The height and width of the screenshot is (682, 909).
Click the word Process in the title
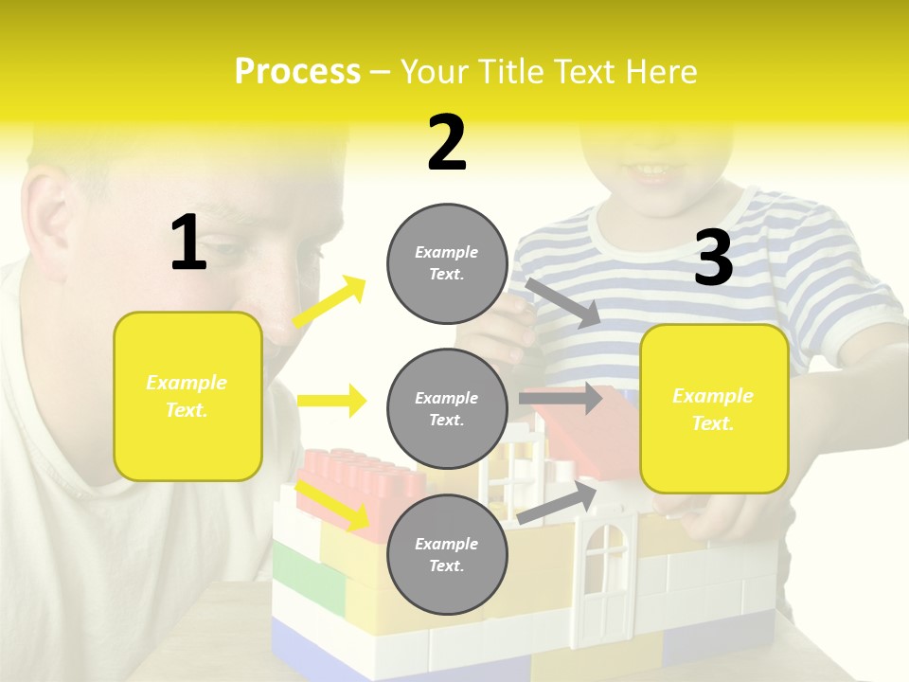click(x=297, y=71)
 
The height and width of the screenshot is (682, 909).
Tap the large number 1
click(x=188, y=243)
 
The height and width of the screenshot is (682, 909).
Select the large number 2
click(x=447, y=143)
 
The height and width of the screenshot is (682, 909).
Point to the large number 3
click(x=713, y=259)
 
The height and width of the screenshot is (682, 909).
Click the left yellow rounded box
click(x=187, y=396)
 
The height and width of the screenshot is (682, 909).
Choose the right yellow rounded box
click(x=714, y=408)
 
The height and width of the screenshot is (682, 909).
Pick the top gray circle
click(x=447, y=263)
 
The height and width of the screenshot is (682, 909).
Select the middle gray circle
click(x=447, y=408)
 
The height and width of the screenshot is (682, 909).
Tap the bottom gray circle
click(x=447, y=554)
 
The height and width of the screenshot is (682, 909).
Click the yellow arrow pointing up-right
click(x=330, y=302)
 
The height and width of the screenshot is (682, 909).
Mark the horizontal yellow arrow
click(x=331, y=401)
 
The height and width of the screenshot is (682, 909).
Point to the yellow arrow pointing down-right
click(x=332, y=505)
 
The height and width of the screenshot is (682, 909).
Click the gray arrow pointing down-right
click(x=562, y=302)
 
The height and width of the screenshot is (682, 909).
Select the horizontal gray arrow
click(x=561, y=398)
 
